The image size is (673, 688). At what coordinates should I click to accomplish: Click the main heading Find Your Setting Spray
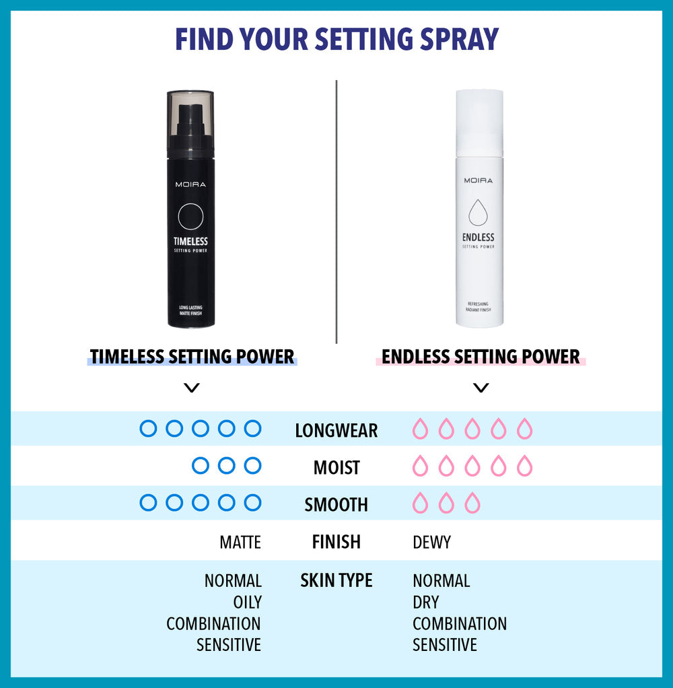click(x=336, y=40)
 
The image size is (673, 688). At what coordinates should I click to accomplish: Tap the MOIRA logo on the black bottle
click(x=190, y=184)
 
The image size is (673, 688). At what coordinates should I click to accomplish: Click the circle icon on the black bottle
click(x=190, y=217)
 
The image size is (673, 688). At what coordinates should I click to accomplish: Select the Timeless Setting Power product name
click(x=192, y=356)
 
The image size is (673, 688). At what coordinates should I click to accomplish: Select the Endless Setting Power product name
click(x=481, y=356)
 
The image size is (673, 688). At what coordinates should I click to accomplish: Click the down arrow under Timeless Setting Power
click(x=192, y=388)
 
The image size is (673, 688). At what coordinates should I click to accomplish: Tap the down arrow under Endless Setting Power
click(x=481, y=388)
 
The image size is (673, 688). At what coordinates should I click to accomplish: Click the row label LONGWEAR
click(x=336, y=430)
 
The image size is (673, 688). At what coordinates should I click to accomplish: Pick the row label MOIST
click(x=336, y=467)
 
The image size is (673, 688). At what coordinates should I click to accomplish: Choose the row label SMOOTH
click(x=336, y=504)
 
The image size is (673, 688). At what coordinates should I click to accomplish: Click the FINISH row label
click(x=336, y=541)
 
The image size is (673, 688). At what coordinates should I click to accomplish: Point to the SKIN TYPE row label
click(x=336, y=580)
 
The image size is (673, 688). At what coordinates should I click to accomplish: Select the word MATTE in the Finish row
click(x=240, y=542)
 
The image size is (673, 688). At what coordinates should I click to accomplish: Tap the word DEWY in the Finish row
click(x=431, y=542)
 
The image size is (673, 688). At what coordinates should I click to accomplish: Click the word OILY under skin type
click(x=247, y=602)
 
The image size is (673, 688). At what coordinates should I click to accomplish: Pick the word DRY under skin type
click(x=425, y=602)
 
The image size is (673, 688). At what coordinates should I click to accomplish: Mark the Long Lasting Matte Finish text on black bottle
click(x=190, y=310)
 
